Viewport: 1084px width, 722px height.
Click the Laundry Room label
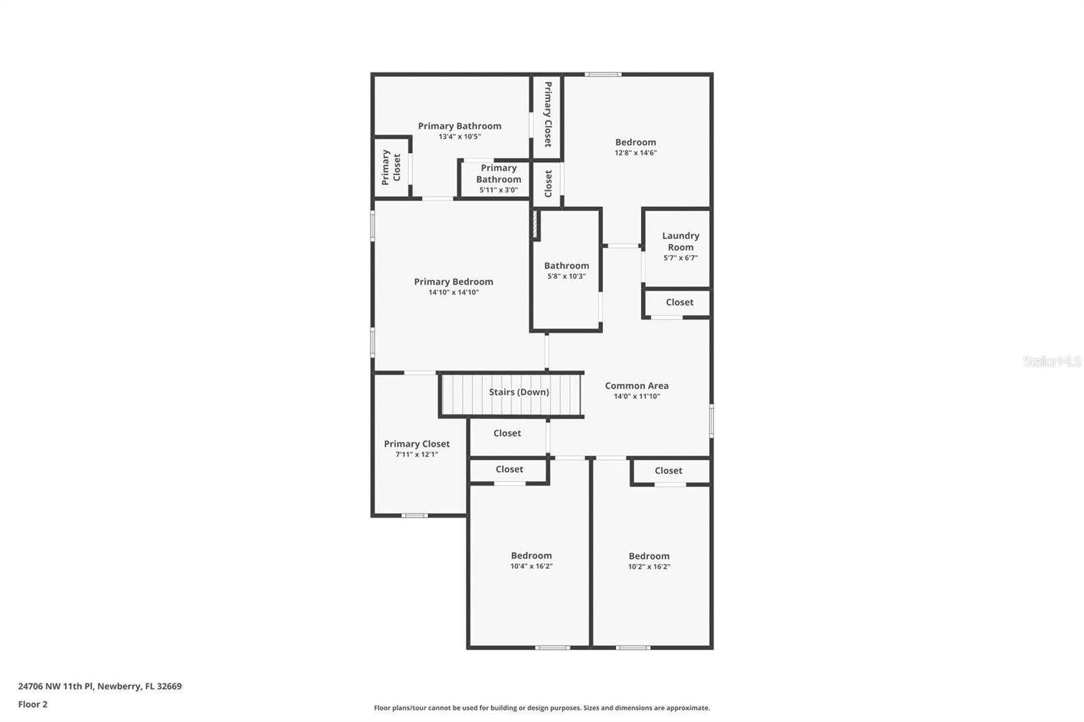click(680, 241)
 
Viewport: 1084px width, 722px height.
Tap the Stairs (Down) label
click(519, 392)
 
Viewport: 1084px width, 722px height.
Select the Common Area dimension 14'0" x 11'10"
click(636, 397)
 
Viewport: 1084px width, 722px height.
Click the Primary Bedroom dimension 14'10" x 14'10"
click(453, 293)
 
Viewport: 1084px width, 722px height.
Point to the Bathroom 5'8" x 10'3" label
click(566, 266)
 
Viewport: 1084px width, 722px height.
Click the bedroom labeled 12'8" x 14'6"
click(635, 142)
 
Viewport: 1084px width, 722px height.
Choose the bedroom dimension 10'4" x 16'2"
click(531, 566)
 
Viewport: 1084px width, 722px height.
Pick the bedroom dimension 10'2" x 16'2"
click(648, 567)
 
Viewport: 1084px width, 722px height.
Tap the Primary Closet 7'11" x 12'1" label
click(417, 444)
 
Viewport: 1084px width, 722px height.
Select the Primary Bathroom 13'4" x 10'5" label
click(459, 126)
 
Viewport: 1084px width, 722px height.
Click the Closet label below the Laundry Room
click(679, 303)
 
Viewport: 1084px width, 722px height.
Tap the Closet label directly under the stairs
click(507, 433)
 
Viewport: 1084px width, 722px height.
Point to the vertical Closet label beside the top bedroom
click(548, 184)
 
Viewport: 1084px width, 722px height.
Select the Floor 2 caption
click(33, 704)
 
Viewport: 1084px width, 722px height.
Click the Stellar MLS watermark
click(1051, 362)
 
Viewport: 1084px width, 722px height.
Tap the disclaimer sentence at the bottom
click(542, 708)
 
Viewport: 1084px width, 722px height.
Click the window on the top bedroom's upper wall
click(603, 74)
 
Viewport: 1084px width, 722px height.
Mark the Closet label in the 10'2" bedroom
click(668, 471)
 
